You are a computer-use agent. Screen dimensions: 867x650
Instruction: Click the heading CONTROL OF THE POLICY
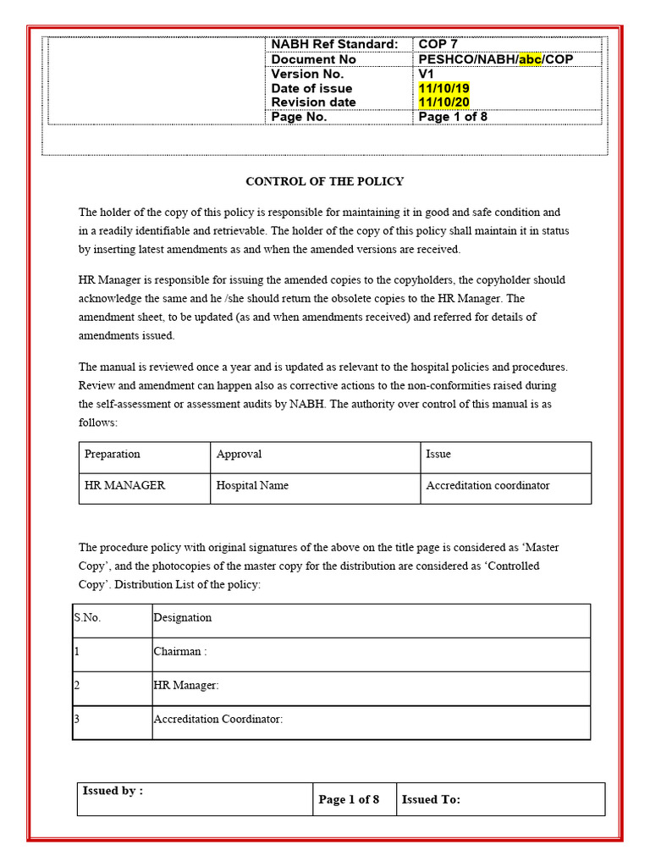click(x=324, y=181)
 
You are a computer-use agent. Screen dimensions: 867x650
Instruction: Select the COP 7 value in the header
click(x=438, y=44)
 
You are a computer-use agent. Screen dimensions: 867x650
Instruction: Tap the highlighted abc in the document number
click(x=530, y=59)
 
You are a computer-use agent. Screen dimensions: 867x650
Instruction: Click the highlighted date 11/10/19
click(x=443, y=88)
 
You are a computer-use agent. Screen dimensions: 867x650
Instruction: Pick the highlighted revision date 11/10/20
click(x=443, y=102)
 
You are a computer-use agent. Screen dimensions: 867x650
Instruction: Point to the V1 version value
click(x=427, y=74)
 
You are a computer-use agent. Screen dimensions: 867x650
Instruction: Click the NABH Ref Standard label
click(x=333, y=44)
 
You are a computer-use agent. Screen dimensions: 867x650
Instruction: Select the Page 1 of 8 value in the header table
click(x=453, y=117)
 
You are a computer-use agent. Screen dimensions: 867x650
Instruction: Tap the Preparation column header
click(x=113, y=454)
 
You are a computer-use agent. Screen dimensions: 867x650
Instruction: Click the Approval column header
click(x=239, y=454)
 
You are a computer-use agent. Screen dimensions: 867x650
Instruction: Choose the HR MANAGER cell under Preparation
click(x=124, y=485)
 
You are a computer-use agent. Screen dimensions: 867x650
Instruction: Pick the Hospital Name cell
click(x=252, y=485)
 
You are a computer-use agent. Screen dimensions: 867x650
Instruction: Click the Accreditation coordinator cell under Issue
click(x=487, y=485)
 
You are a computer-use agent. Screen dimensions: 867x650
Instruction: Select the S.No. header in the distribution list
click(x=87, y=617)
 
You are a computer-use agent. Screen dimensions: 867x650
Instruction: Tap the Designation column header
click(x=182, y=617)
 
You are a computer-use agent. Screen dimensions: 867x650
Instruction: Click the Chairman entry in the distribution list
click(x=180, y=651)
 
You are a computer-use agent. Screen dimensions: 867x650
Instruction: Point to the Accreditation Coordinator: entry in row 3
click(x=218, y=719)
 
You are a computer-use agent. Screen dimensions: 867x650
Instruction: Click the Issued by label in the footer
click(x=113, y=791)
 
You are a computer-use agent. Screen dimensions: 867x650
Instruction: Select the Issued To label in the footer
click(x=431, y=799)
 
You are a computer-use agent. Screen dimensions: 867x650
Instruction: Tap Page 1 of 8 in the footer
click(x=349, y=799)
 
